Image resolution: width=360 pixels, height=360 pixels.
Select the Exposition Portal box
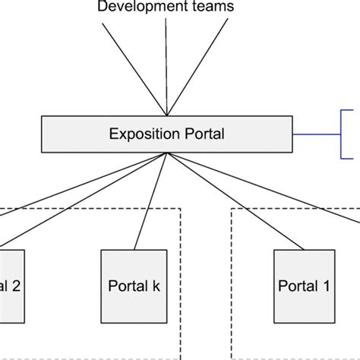[x=166, y=134]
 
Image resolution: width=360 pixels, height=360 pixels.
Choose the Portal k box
[x=134, y=286]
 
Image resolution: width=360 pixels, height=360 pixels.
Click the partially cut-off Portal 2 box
[x=11, y=286]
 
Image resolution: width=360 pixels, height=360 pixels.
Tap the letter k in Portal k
[x=156, y=286]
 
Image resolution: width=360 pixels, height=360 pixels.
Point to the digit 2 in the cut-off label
[x=16, y=286]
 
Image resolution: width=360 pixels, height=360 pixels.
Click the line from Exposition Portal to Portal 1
[x=235, y=201]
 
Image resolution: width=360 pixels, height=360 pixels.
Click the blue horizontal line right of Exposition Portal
[x=316, y=134]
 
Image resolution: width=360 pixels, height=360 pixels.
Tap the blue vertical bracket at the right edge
[x=340, y=134]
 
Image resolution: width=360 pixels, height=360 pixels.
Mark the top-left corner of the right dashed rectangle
[x=232, y=209]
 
